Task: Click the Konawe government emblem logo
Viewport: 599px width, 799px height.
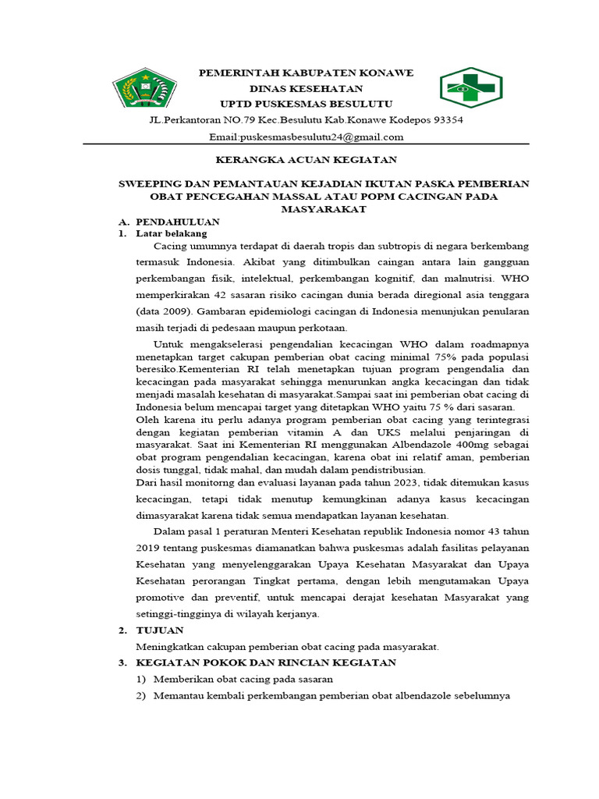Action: (145, 87)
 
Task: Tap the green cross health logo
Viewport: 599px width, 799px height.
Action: (471, 87)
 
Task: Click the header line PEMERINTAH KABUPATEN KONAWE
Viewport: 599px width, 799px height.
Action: (306, 73)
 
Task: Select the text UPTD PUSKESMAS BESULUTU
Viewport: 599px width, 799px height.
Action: (306, 104)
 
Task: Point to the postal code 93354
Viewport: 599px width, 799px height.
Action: (448, 120)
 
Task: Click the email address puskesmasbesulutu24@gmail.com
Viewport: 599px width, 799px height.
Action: (306, 137)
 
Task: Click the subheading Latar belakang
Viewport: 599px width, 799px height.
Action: (172, 233)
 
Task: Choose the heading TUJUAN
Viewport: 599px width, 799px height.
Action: (160, 630)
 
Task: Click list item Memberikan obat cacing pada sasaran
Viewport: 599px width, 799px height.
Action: (243, 679)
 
